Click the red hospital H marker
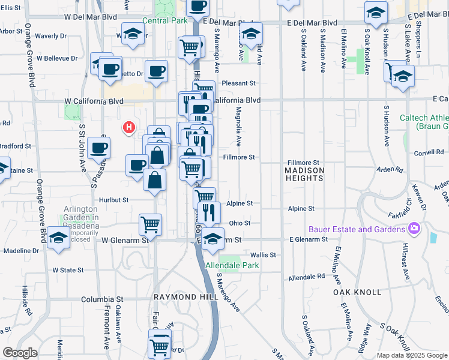pyautogui.click(x=128, y=127)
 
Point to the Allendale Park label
pyautogui.click(x=232, y=265)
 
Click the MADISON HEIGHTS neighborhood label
pyautogui.click(x=304, y=174)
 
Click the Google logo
pyautogui.click(x=20, y=352)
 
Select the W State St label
pyautogui.click(x=68, y=270)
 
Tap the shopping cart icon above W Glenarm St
pyautogui.click(x=150, y=224)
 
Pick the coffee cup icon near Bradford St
pyautogui.click(x=98, y=146)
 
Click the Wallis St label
pyautogui.click(x=263, y=255)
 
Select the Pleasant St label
pyautogui.click(x=238, y=83)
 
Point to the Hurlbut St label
pyautogui.click(x=114, y=200)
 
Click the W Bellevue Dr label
pyautogui.click(x=57, y=59)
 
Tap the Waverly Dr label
pyautogui.click(x=46, y=36)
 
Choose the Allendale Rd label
pyautogui.click(x=306, y=278)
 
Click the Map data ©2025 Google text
pyautogui.click(x=412, y=355)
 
